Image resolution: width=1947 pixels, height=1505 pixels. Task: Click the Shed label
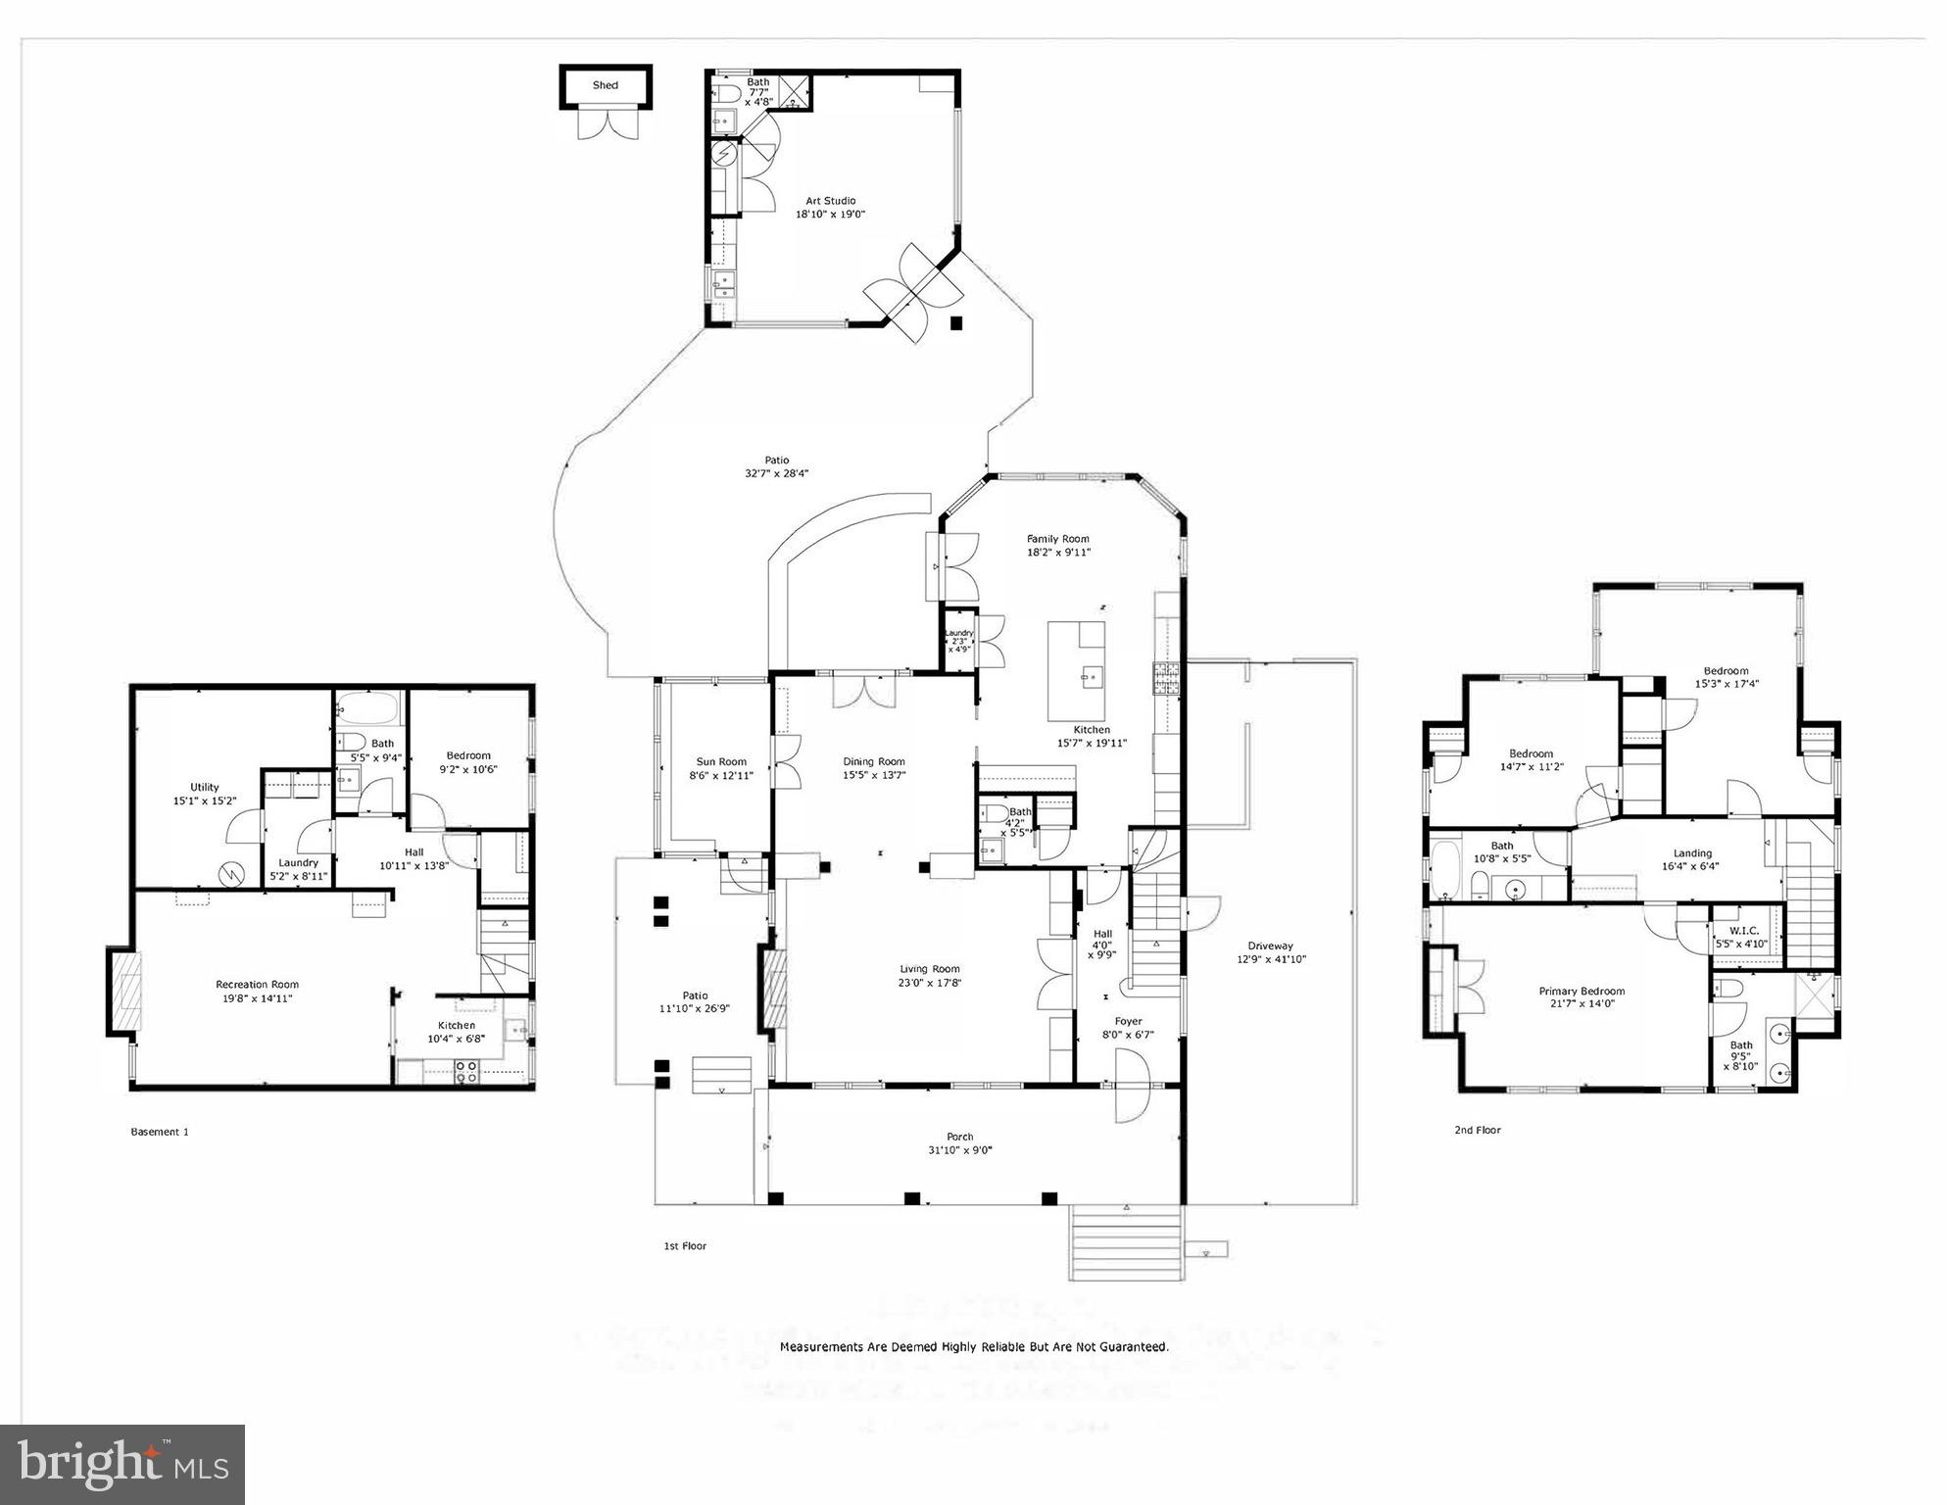pos(605,85)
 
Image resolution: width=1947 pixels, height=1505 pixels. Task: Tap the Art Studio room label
pos(830,201)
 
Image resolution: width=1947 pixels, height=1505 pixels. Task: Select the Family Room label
pos(1057,539)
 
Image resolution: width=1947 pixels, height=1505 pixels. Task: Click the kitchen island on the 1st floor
pos(1076,670)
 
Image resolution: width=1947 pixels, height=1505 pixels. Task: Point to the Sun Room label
pos(721,761)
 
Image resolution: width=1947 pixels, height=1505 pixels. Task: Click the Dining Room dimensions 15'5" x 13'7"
pos(874,775)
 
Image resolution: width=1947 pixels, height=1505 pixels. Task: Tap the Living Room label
pos(930,970)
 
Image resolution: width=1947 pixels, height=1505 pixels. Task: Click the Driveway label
pos(1270,947)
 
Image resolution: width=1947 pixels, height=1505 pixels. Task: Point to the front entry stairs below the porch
pos(1126,1244)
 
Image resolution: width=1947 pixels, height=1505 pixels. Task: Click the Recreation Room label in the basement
pos(257,985)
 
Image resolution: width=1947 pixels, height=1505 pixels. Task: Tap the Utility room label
pos(204,787)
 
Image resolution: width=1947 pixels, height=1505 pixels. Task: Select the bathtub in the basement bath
pos(369,707)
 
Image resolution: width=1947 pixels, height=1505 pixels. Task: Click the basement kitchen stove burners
pos(466,1072)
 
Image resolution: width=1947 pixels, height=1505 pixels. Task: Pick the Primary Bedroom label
pos(1582,991)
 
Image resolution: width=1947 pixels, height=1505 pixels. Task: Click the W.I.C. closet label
pos(1744,931)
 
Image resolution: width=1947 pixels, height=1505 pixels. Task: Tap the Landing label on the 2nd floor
pos(1692,853)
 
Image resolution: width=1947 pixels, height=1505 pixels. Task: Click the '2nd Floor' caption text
pos(1477,1130)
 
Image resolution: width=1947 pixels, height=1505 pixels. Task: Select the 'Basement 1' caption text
pos(160,1132)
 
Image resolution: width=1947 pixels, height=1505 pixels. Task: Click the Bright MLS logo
pos(122,1464)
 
